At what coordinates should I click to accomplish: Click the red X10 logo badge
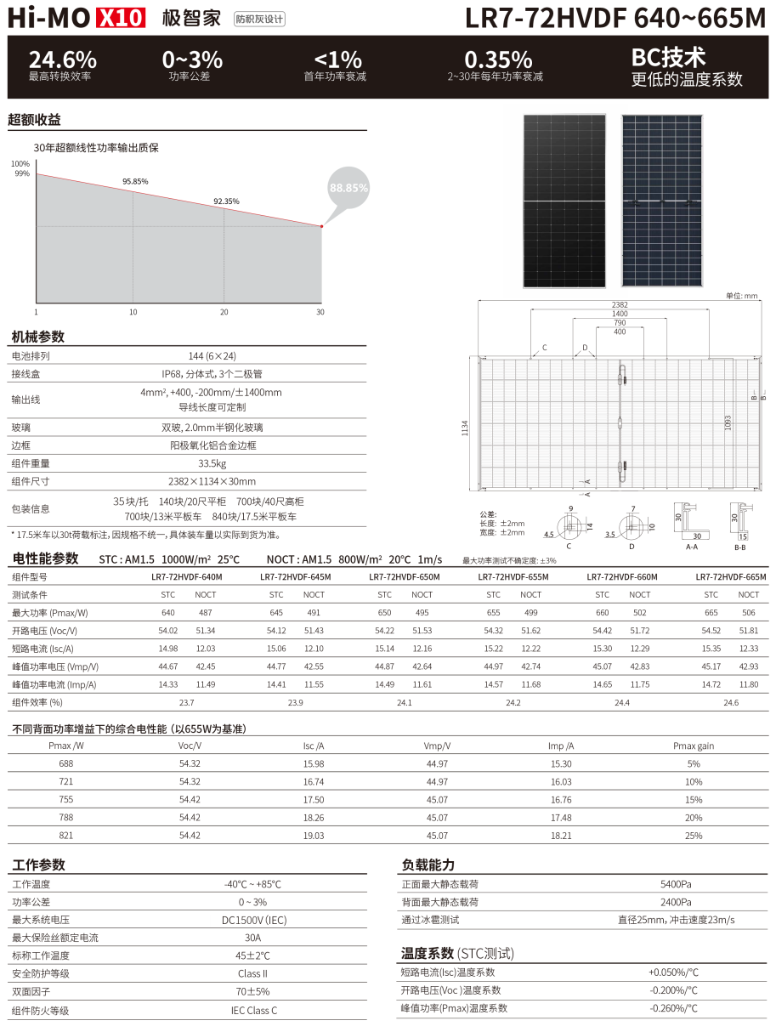[x=121, y=18]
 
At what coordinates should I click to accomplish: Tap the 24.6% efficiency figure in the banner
[x=63, y=60]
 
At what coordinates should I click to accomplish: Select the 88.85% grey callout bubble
[x=348, y=188]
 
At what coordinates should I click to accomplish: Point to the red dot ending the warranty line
[x=321, y=226]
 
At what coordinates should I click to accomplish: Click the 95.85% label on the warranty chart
[x=135, y=181]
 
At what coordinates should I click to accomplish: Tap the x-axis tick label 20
[x=224, y=312]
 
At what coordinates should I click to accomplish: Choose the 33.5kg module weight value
[x=212, y=463]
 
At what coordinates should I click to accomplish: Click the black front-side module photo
[x=564, y=201]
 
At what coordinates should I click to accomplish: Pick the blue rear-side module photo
[x=662, y=201]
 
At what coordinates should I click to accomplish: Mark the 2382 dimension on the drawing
[x=620, y=304]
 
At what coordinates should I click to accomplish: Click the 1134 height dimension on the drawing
[x=465, y=428]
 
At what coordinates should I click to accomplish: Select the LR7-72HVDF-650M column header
[x=405, y=576]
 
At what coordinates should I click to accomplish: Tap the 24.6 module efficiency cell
[x=731, y=702]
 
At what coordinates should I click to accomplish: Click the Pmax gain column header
[x=694, y=746]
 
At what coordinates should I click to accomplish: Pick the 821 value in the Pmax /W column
[x=65, y=835]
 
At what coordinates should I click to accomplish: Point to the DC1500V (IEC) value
[x=254, y=920]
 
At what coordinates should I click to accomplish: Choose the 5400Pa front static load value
[x=676, y=884]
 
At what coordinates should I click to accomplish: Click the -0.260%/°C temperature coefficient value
[x=673, y=1008]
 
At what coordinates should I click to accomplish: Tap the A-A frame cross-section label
[x=691, y=547]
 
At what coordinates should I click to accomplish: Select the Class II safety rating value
[x=252, y=973]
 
